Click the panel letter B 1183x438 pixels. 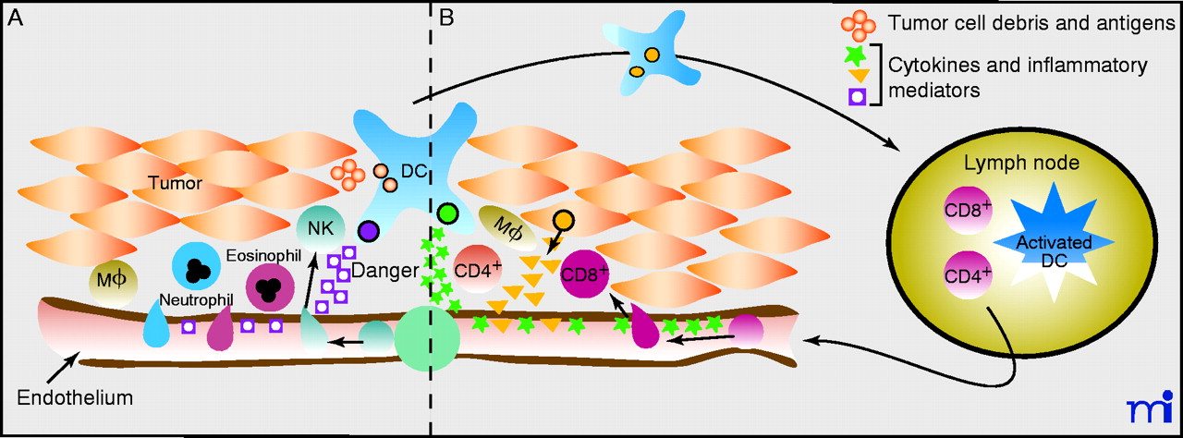pyautogui.click(x=446, y=18)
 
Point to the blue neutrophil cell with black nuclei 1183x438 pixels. pyautogui.click(x=195, y=267)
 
